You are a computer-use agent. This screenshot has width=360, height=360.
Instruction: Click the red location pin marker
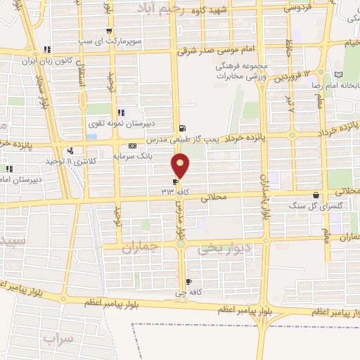pyautogui.click(x=180, y=166)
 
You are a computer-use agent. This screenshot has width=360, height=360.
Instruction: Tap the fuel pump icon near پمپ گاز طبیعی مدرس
pyautogui.click(x=183, y=128)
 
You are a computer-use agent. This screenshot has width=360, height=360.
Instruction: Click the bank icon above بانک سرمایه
pyautogui.click(x=133, y=145)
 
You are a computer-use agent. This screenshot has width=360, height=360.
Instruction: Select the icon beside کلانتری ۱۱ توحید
pyautogui.click(x=70, y=150)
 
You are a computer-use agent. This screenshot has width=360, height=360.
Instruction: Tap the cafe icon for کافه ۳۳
pyautogui.click(x=175, y=180)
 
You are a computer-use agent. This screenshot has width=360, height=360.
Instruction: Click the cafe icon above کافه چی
pyautogui.click(x=188, y=282)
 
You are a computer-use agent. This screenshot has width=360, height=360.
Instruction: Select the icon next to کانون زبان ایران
pyautogui.click(x=46, y=49)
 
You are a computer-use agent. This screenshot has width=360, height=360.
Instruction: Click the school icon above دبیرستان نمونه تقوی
pyautogui.click(x=121, y=112)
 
